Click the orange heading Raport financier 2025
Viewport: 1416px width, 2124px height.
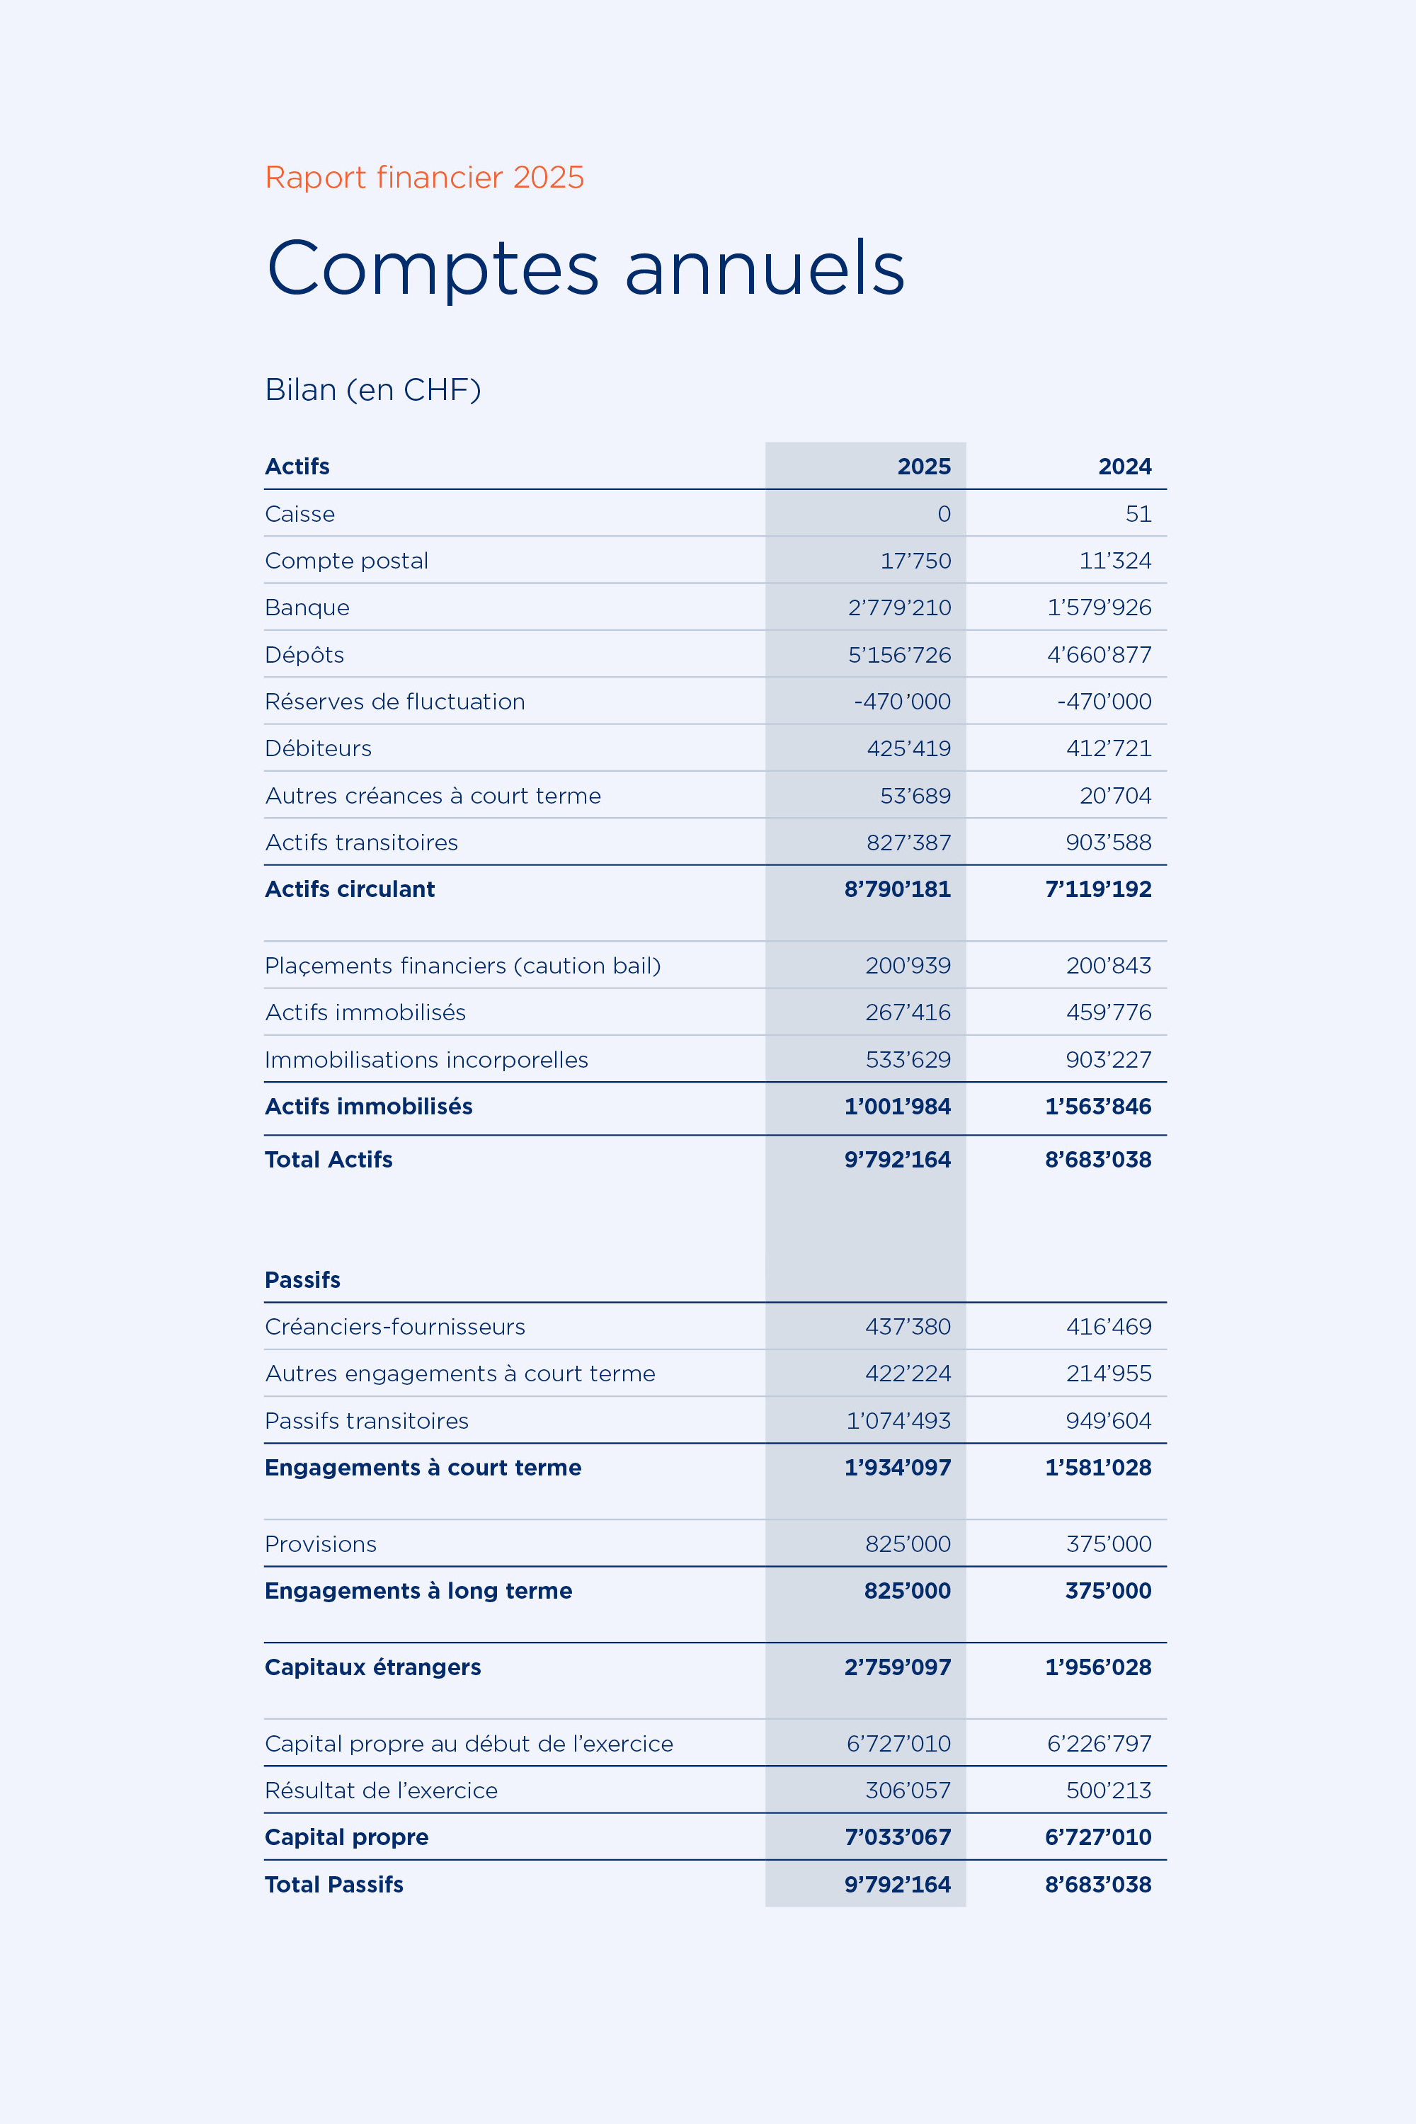[x=424, y=177]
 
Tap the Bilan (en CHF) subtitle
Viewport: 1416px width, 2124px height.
[x=372, y=389]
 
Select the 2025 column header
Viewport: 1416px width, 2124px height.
[x=923, y=467]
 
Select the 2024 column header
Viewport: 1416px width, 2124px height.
[x=1124, y=467]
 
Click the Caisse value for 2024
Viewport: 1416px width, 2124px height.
[x=1138, y=514]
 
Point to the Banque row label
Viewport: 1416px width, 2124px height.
[x=307, y=607]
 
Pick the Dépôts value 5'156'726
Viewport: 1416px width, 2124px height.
[x=898, y=655]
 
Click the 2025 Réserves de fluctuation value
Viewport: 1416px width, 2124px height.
[x=901, y=702]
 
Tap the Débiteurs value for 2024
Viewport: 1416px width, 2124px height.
[x=1108, y=748]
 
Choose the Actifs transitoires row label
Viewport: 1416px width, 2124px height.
[x=361, y=843]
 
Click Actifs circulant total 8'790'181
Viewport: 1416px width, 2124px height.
[x=897, y=889]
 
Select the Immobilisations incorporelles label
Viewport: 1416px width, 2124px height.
[x=426, y=1060]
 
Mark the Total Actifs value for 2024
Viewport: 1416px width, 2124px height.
[x=1097, y=1160]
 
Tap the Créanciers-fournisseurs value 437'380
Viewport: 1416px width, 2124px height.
[x=908, y=1327]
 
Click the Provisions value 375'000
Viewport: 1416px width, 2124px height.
[x=1108, y=1544]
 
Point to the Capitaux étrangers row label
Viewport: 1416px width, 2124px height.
[x=372, y=1667]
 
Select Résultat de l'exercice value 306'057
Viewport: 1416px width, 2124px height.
[x=908, y=1791]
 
